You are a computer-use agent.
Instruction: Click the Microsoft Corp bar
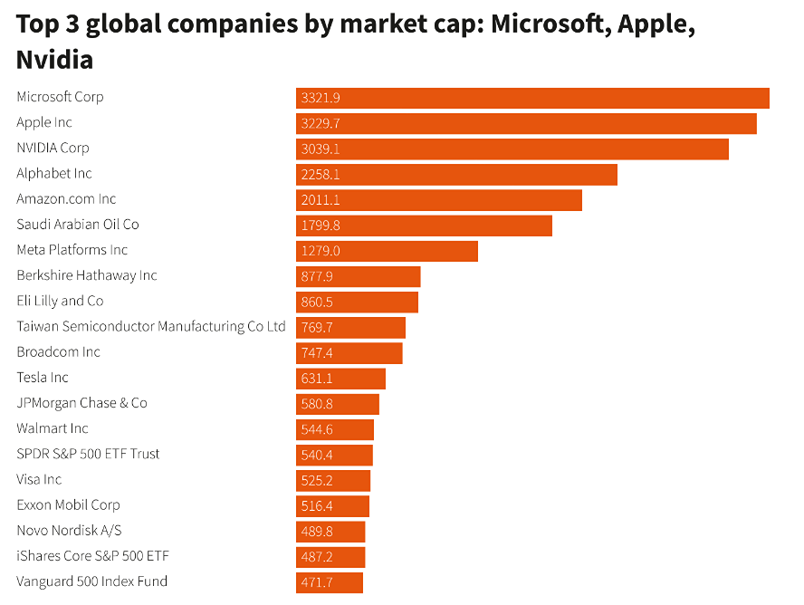click(x=532, y=98)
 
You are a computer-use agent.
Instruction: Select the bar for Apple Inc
click(x=526, y=123)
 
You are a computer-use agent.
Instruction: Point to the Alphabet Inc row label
click(x=54, y=173)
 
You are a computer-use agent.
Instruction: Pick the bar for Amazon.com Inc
click(x=438, y=199)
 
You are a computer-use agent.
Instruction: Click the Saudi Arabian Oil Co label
click(x=78, y=224)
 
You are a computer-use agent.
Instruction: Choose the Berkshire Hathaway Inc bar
click(x=358, y=276)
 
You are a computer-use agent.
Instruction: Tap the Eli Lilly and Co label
click(x=60, y=301)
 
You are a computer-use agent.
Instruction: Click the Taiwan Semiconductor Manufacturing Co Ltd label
click(x=151, y=326)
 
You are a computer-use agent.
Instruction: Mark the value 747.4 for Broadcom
click(x=317, y=352)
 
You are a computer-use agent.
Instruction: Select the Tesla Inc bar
click(x=340, y=378)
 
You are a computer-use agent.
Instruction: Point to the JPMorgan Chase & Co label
click(x=81, y=402)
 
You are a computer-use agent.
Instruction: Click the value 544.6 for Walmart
click(x=317, y=429)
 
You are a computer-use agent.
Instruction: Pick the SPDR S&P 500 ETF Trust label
click(x=88, y=454)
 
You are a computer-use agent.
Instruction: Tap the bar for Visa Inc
click(x=333, y=480)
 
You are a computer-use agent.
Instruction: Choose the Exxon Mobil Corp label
click(x=68, y=504)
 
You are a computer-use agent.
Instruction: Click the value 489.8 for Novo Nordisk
click(x=317, y=532)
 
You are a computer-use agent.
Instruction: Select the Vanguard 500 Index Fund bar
click(x=330, y=582)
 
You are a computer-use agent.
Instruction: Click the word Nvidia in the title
click(x=54, y=61)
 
